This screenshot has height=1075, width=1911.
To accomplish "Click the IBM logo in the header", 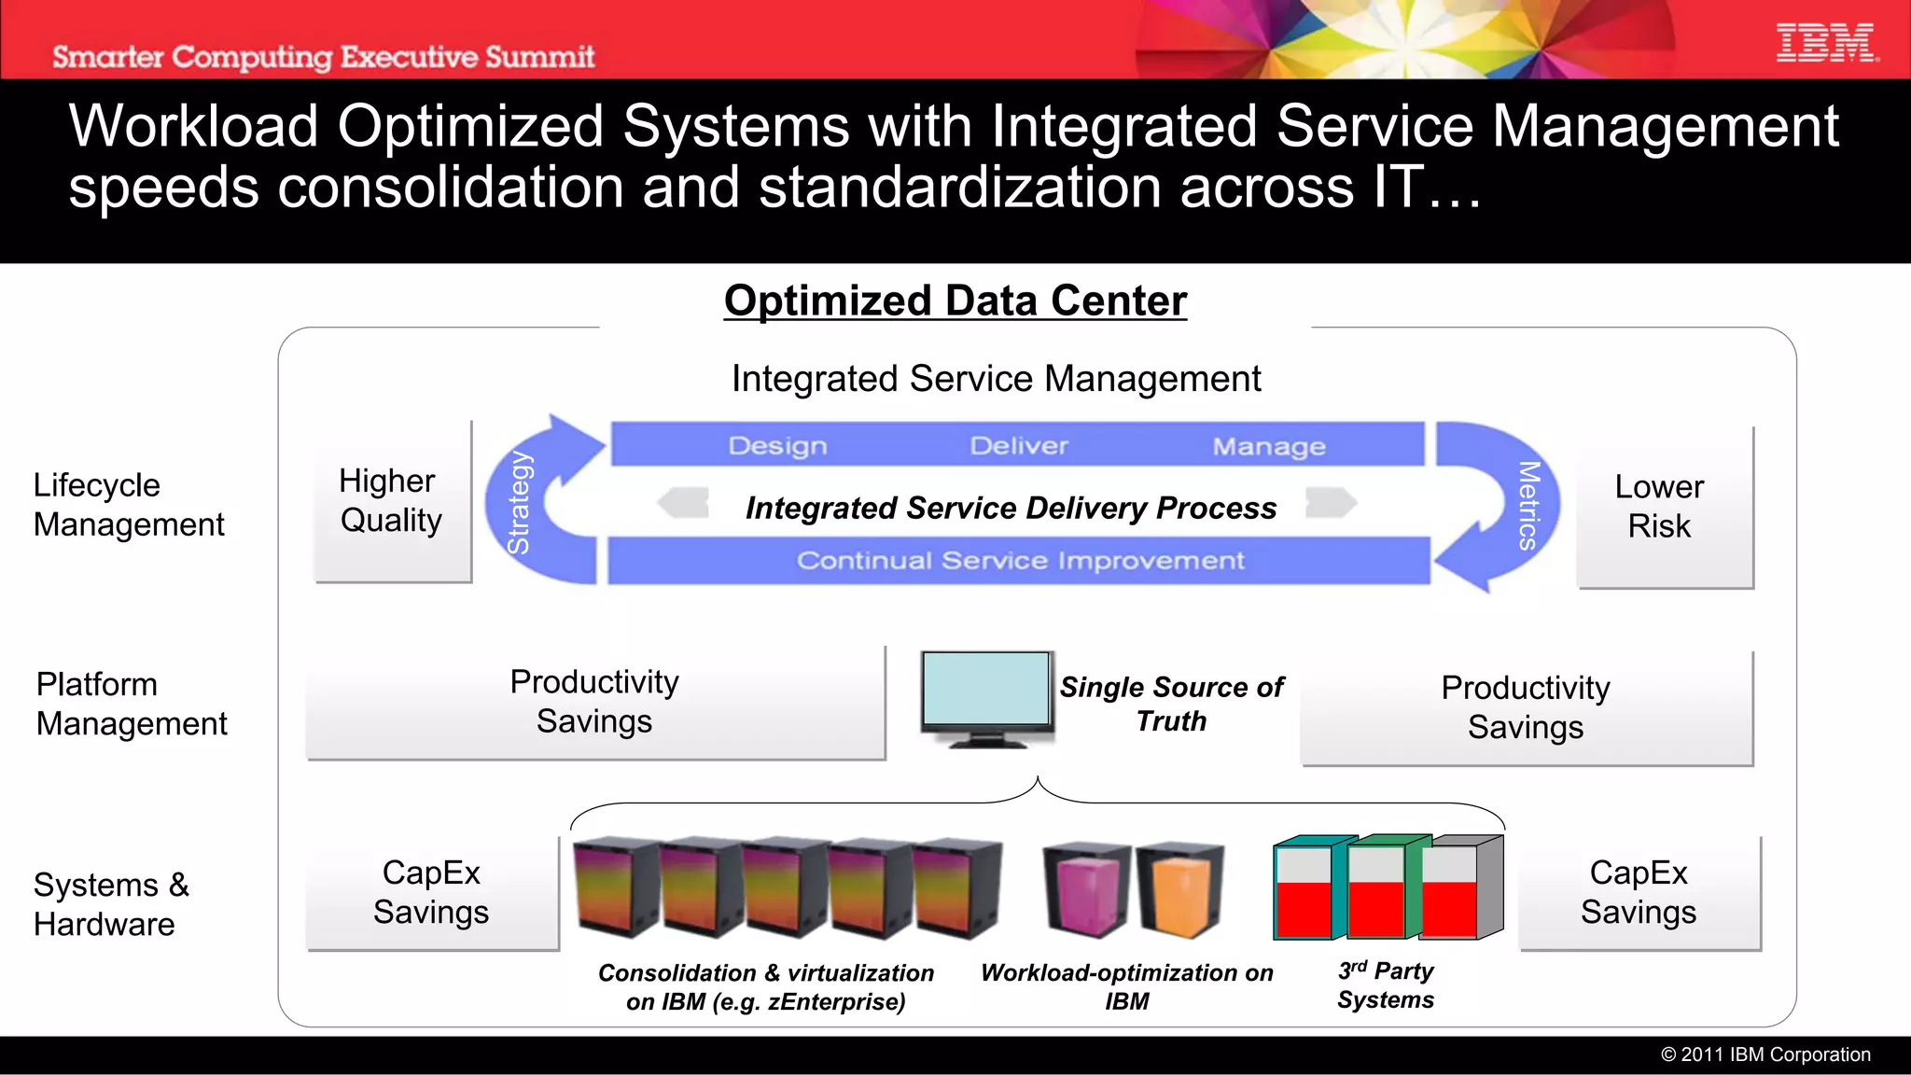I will click(x=1826, y=44).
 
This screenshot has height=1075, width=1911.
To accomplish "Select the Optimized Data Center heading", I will click(x=955, y=301).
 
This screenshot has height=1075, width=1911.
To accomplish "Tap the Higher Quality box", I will click(x=392, y=501).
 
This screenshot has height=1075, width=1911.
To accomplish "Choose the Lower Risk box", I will click(x=1661, y=507).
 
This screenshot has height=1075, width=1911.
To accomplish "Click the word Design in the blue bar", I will click(x=777, y=446).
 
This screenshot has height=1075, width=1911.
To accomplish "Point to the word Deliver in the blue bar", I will click(x=1019, y=446).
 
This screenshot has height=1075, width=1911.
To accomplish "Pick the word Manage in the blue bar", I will click(x=1269, y=447).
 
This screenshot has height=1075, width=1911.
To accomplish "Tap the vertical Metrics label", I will click(x=1528, y=505).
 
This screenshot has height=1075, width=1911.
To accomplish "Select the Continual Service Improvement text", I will click(x=1020, y=561).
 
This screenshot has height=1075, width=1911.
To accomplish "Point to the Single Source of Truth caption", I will click(x=1172, y=704).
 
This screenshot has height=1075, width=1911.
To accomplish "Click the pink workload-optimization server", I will click(x=1085, y=890).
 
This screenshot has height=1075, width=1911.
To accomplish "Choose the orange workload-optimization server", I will click(x=1179, y=890).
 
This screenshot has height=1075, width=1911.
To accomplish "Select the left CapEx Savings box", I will click(x=431, y=892).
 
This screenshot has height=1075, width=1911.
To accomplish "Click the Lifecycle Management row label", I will click(x=129, y=505).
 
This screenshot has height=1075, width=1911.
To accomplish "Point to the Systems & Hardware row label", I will click(x=111, y=904).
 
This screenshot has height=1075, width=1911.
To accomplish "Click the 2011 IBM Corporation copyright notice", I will click(x=1765, y=1054).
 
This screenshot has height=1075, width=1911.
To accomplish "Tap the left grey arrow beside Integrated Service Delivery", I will click(x=683, y=503).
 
